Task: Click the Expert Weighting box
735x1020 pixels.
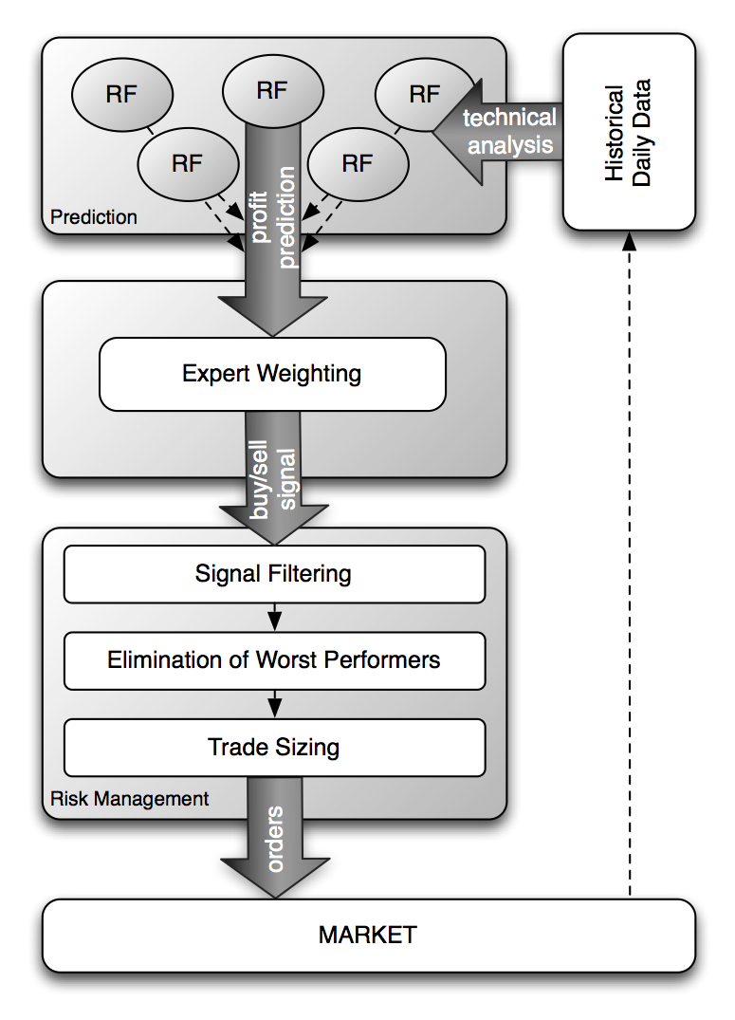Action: click(272, 374)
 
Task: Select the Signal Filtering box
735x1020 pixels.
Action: click(273, 574)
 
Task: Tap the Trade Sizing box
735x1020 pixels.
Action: click(273, 748)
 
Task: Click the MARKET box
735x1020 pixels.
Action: click(367, 935)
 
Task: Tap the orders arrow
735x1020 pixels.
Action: click(274, 840)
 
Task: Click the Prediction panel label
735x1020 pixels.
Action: click(94, 217)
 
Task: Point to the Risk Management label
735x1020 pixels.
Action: click(129, 799)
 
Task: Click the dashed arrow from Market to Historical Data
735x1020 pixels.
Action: click(628, 569)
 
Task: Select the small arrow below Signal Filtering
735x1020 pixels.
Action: click(273, 618)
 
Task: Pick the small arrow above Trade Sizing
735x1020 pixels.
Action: click(273, 704)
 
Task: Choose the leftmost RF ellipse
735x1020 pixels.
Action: click(121, 95)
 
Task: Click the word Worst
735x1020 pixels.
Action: click(286, 659)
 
